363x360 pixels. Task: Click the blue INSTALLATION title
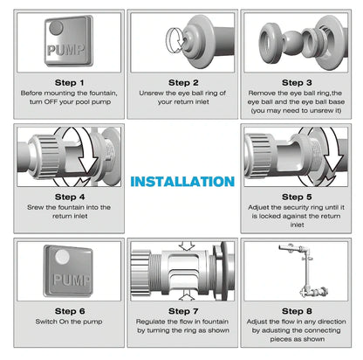tap(182, 182)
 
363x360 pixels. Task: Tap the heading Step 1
tap(70, 83)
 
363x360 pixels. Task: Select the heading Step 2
tap(183, 83)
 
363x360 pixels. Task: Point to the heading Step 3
tap(297, 83)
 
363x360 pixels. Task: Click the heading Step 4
tap(70, 197)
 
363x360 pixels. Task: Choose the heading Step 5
tap(297, 197)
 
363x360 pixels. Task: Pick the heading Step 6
tap(70, 311)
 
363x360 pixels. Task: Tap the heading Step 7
tap(183, 311)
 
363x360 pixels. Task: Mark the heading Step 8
tap(297, 311)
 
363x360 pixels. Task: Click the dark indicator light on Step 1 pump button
tap(56, 28)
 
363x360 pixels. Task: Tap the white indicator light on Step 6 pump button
tap(62, 257)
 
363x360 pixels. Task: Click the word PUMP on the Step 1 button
tap(66, 50)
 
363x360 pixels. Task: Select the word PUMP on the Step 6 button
tap(72, 280)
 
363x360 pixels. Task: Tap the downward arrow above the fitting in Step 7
tap(187, 246)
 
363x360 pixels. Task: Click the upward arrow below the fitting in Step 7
tap(187, 296)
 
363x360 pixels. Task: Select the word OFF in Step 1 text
tap(51, 102)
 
